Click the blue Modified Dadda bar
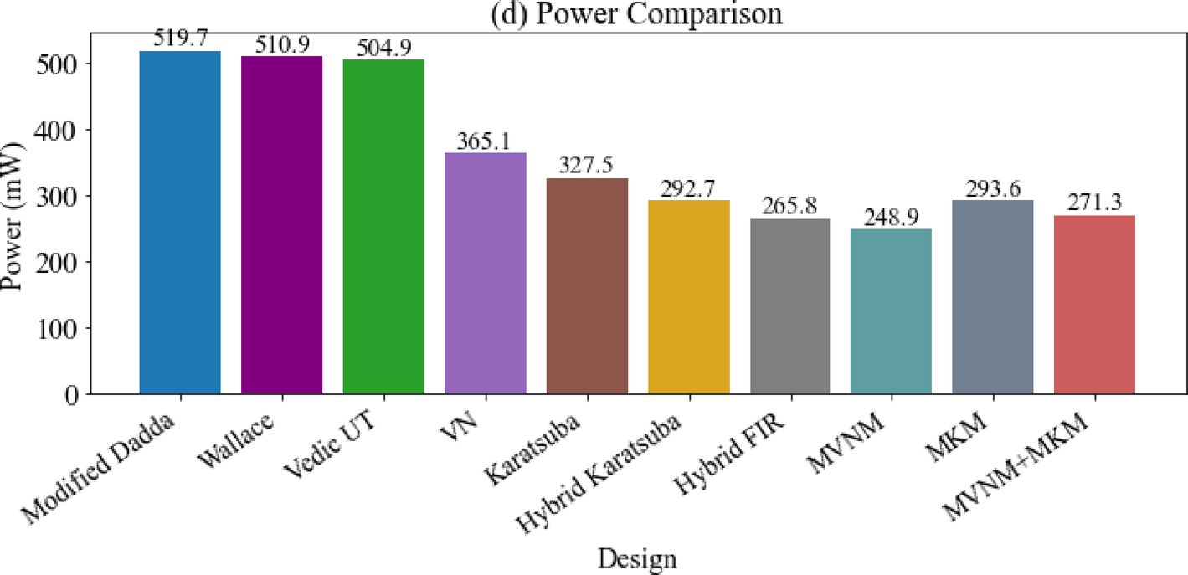coord(180,223)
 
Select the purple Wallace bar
coord(281,225)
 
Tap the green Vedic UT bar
coord(383,227)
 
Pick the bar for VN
coord(486,274)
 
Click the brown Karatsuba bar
coord(587,286)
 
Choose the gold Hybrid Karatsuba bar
coord(689,297)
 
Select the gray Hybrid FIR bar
coord(790,306)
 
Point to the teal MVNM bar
coord(891,311)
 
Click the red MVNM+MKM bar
coord(1094,305)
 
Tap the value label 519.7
coord(180,39)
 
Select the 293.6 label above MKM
coord(993,189)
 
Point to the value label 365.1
coord(486,141)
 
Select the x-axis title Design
coord(638,558)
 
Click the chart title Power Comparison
coord(638,13)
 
